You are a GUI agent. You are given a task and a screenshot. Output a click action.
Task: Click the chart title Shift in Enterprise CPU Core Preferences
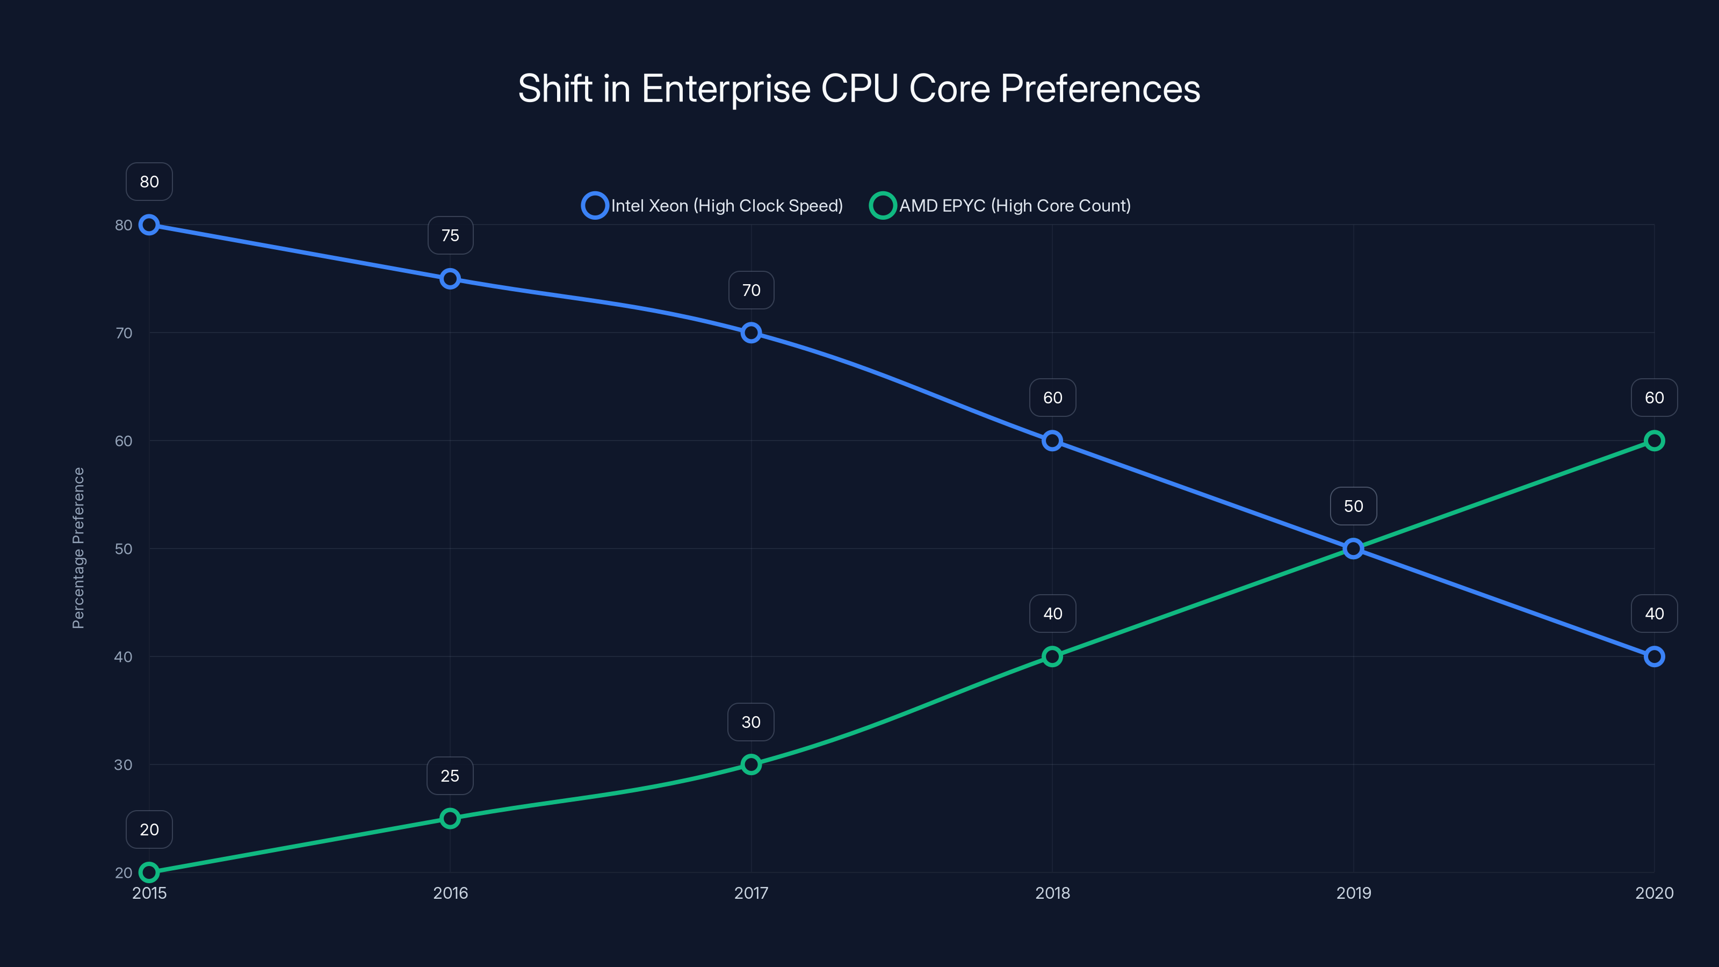(859, 89)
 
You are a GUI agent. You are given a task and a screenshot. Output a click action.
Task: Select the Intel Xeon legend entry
(713, 206)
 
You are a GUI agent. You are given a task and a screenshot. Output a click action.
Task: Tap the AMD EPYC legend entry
(1000, 206)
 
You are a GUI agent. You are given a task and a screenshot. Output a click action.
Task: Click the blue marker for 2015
(149, 225)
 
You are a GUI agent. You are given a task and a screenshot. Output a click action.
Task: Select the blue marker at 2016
(450, 279)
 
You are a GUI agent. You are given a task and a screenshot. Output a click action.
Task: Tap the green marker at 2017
(751, 764)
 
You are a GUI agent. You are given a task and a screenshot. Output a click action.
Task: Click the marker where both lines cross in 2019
(1353, 549)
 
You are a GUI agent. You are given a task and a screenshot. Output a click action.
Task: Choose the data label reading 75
(450, 236)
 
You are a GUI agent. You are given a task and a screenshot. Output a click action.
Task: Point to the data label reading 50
(1353, 506)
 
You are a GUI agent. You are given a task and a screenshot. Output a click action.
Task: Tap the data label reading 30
(751, 722)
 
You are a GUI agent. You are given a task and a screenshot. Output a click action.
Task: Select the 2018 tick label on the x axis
(1052, 893)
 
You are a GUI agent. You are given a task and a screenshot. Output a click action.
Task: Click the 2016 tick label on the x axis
(450, 893)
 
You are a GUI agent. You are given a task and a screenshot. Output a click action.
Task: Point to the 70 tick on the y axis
(124, 333)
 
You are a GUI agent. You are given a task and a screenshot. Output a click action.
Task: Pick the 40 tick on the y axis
(124, 656)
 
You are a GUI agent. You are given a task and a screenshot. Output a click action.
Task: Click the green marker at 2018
(1052, 656)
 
